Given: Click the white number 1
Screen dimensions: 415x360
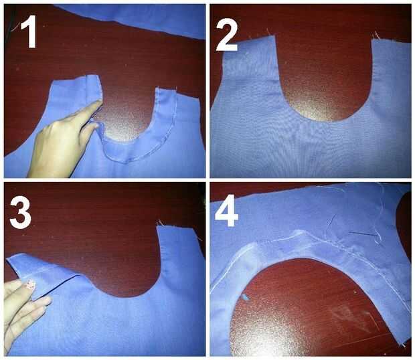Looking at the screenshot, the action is (x=29, y=31).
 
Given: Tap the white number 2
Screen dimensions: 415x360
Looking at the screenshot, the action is (x=228, y=36).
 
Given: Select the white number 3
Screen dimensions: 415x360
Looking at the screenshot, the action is (x=21, y=213).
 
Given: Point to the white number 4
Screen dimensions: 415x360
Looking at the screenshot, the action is (x=226, y=211).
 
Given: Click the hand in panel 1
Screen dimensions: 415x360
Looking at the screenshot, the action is (x=64, y=141).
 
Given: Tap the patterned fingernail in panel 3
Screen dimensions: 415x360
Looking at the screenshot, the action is (x=31, y=284).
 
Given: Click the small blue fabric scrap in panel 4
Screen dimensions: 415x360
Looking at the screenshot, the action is (x=246, y=297).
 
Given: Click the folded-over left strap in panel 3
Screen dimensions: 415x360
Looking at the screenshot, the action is (x=44, y=272).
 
